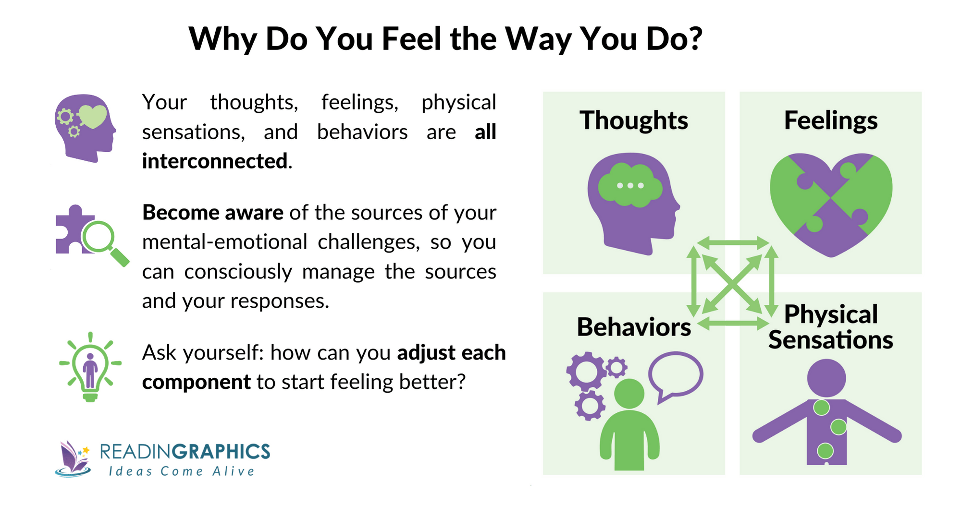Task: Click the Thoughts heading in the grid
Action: coord(633,120)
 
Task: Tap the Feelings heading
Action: coord(830,120)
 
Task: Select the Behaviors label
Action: coord(633,327)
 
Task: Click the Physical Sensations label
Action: coord(830,327)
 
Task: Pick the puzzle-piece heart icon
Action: coord(831,204)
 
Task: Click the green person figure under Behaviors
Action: coord(629,427)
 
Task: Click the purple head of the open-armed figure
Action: coord(826,378)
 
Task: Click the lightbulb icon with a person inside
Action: coord(90,367)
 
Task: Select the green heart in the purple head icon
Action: coord(93,117)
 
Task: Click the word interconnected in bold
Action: coord(215,161)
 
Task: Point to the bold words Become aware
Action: coord(213,213)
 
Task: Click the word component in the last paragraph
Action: coord(196,382)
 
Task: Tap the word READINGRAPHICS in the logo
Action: coord(185,452)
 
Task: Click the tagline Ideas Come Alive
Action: coord(182,471)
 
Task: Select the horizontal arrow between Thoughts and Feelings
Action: coord(732,243)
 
